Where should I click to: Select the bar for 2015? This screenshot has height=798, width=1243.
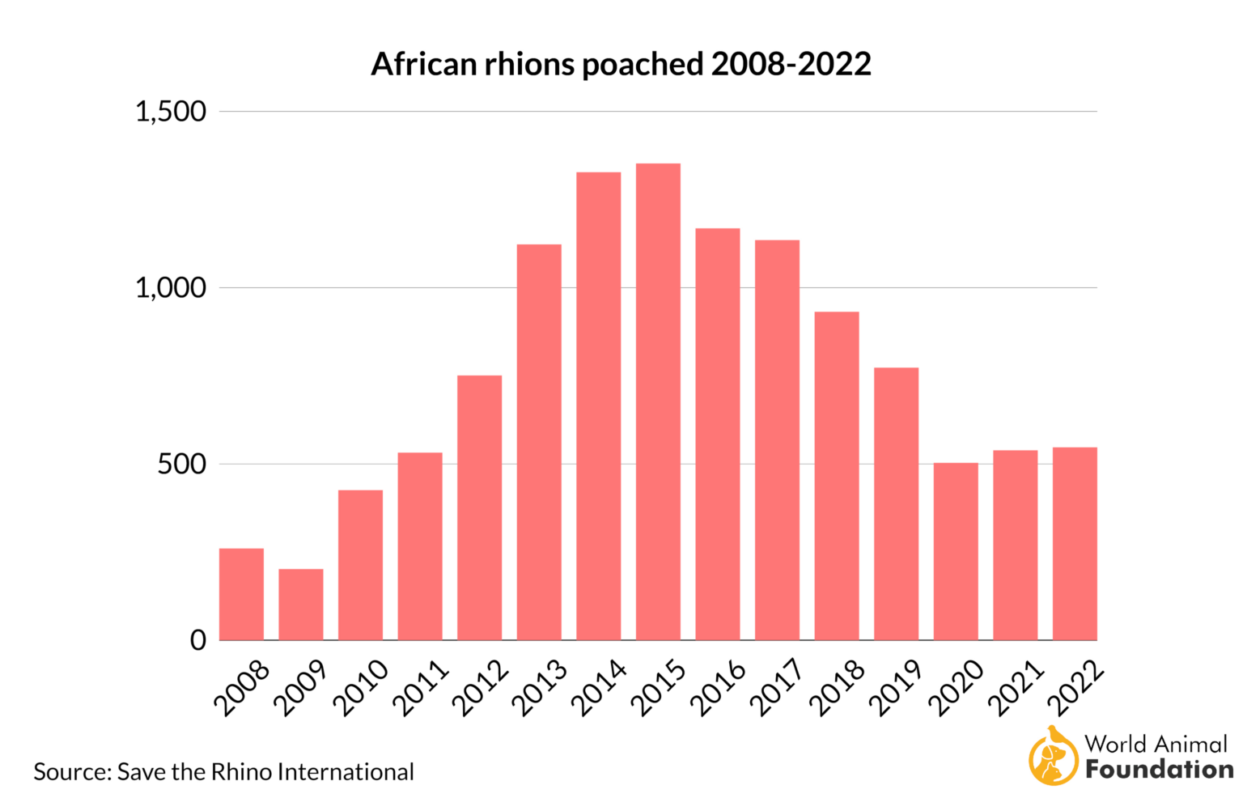[658, 402]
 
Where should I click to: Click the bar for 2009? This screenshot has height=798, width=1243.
[301, 605]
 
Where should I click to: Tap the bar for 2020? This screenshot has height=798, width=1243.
[956, 551]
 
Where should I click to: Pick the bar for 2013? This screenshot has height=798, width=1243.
[539, 442]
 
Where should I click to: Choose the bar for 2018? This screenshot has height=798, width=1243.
[837, 476]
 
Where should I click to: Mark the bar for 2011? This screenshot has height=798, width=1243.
[420, 546]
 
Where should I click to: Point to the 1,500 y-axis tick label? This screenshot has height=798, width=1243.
[171, 112]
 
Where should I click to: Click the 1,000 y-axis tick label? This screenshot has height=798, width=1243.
[171, 288]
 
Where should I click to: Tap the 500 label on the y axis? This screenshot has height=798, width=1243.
[182, 465]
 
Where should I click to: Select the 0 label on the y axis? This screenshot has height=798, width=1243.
[198, 641]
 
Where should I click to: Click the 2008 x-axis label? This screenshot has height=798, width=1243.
[242, 688]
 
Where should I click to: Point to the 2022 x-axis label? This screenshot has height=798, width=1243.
[1075, 688]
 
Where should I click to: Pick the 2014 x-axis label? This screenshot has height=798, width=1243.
[600, 688]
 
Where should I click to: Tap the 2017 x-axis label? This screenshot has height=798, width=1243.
[778, 688]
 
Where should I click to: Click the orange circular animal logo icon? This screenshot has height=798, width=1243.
[1053, 758]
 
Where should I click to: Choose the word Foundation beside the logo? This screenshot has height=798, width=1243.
[1159, 770]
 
